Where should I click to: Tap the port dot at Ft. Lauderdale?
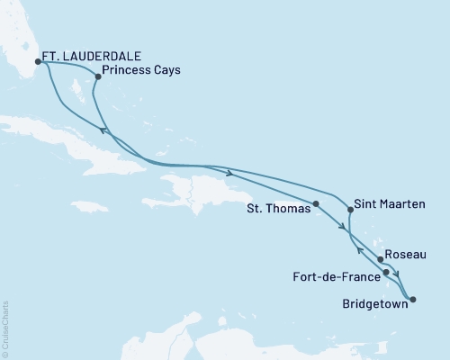click(x=38, y=62)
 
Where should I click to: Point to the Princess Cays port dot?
click(x=98, y=76)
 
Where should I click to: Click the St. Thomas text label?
click(x=278, y=209)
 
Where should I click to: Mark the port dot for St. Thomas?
click(x=316, y=203)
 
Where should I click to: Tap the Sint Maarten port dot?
click(x=350, y=210)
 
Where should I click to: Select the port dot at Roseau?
click(x=381, y=260)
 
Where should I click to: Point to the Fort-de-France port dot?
click(x=386, y=272)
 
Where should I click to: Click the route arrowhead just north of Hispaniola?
click(x=232, y=172)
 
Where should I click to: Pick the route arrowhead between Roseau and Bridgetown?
click(x=397, y=276)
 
